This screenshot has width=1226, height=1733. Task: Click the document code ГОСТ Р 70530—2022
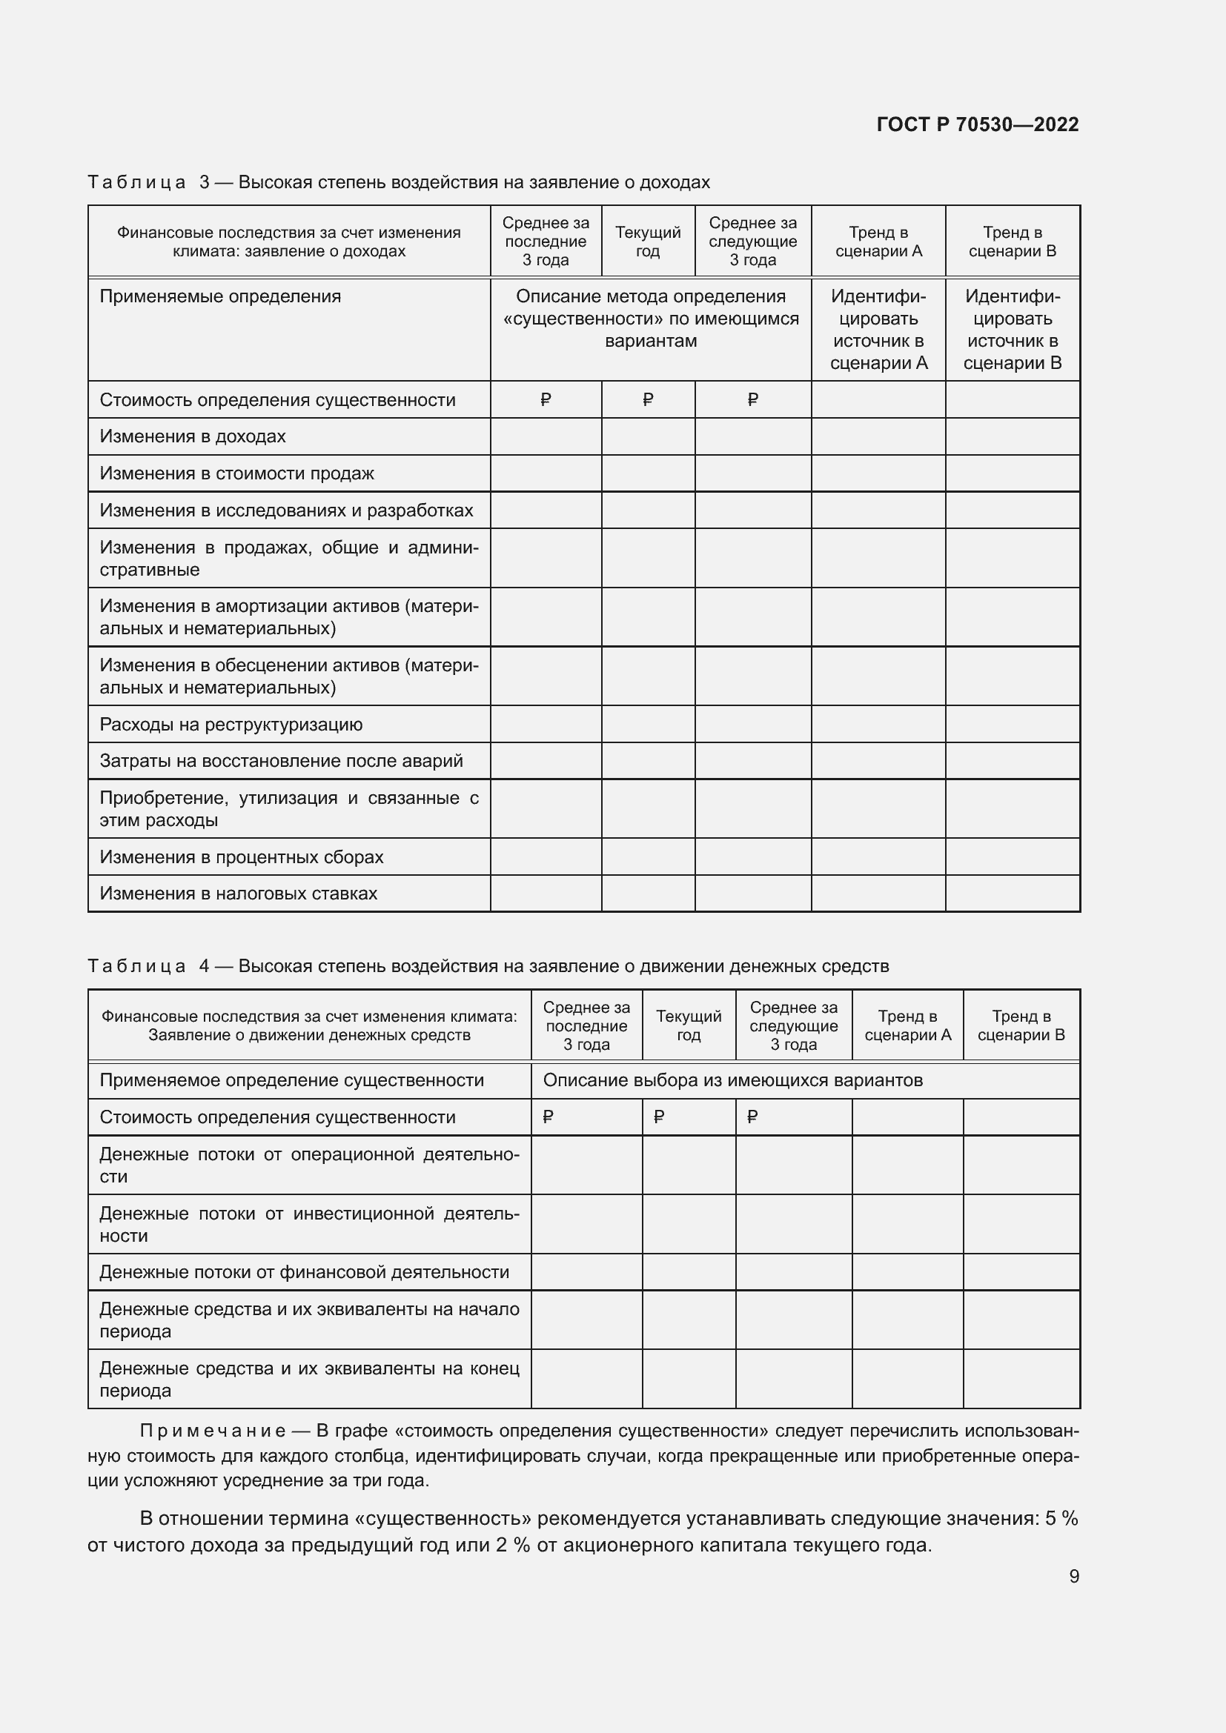pyautogui.click(x=977, y=124)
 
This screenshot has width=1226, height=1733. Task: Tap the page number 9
pyautogui.click(x=1073, y=1577)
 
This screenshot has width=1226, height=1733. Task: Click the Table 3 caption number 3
pyautogui.click(x=205, y=182)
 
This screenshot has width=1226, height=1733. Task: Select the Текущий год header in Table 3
pyautogui.click(x=648, y=242)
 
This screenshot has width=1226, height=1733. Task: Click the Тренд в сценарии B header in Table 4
pyautogui.click(x=1021, y=1025)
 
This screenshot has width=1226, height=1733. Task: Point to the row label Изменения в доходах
pyautogui.click(x=193, y=436)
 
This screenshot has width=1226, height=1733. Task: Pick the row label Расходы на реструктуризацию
pyautogui.click(x=231, y=725)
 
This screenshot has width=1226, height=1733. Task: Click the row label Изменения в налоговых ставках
pyautogui.click(x=238, y=894)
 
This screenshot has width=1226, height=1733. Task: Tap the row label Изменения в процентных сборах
pyautogui.click(x=241, y=857)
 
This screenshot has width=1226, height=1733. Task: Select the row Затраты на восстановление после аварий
pyautogui.click(x=281, y=761)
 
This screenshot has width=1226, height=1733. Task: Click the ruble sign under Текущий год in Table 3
pyautogui.click(x=648, y=399)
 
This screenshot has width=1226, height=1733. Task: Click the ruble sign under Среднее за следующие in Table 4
pyautogui.click(x=752, y=1117)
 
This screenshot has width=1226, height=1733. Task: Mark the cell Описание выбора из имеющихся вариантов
pyautogui.click(x=732, y=1080)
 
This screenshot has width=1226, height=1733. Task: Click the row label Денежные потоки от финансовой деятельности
pyautogui.click(x=304, y=1272)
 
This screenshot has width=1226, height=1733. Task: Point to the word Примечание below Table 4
pyautogui.click(x=212, y=1431)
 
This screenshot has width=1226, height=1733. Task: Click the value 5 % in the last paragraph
pyautogui.click(x=1061, y=1519)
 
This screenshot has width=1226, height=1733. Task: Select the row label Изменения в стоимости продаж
pyautogui.click(x=236, y=473)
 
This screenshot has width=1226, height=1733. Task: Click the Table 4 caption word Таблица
pyautogui.click(x=136, y=966)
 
